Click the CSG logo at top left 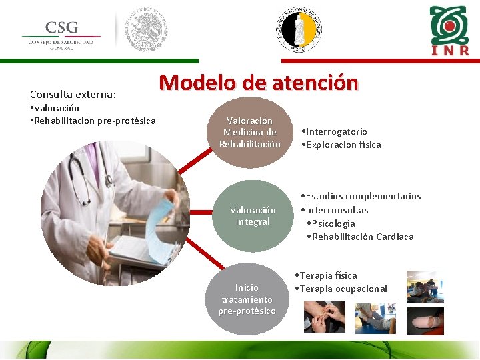point(61,33)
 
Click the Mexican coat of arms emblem point(147,31)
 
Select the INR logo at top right point(449,31)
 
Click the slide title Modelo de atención point(259,83)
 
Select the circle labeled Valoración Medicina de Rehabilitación point(250,133)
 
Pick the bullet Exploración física point(341,145)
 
